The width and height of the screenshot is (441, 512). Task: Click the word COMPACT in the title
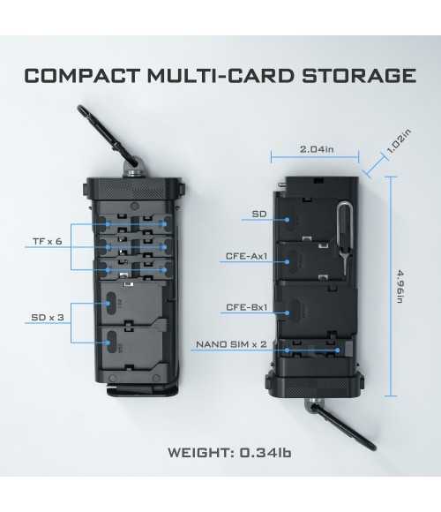(82, 76)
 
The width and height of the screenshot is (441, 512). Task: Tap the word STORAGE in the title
(359, 76)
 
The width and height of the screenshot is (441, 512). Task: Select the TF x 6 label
(48, 242)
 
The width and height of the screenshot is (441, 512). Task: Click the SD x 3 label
(48, 317)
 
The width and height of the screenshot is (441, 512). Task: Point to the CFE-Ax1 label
(247, 256)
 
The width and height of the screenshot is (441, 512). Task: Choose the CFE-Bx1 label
(247, 307)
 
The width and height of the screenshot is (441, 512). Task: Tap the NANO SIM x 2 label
(231, 344)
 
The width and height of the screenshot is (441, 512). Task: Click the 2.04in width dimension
(317, 149)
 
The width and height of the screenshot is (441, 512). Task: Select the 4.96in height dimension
(400, 286)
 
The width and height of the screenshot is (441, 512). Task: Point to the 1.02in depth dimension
(399, 141)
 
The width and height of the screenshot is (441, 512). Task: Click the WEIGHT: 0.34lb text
(229, 453)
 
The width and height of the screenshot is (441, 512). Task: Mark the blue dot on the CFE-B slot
(287, 312)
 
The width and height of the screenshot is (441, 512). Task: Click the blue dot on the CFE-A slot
(287, 261)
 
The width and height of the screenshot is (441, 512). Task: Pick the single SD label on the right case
(259, 215)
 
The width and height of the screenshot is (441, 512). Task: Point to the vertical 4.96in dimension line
(391, 286)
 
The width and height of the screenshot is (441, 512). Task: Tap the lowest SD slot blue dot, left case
(108, 343)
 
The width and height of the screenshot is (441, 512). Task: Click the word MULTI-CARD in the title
(221, 76)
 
